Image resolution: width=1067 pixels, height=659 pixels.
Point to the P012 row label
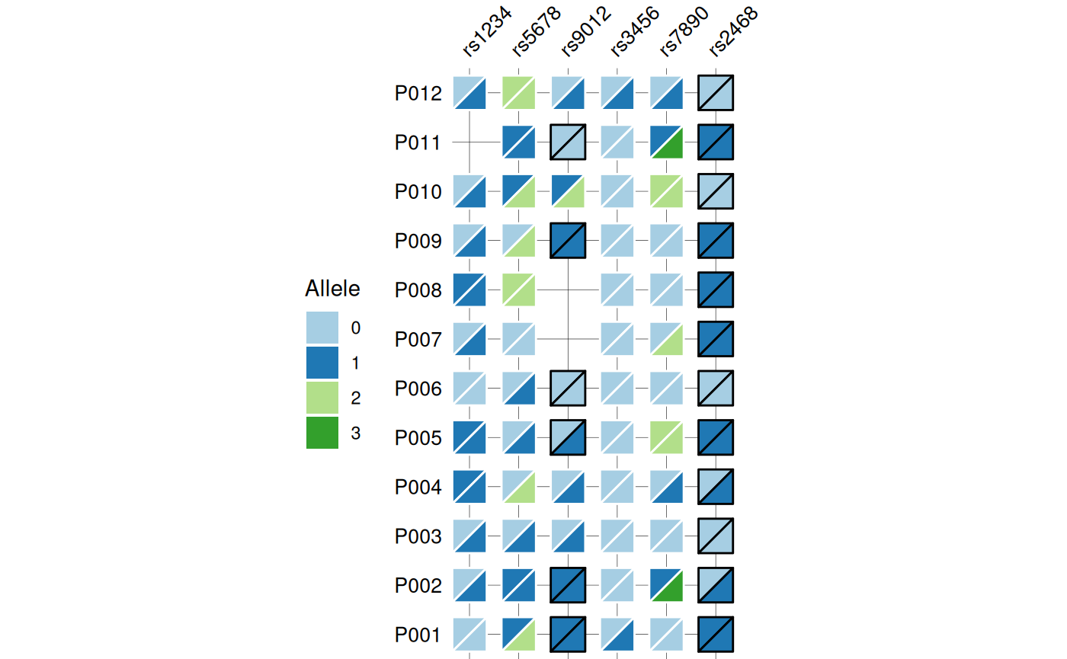418,94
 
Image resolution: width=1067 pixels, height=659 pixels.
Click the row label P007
418,340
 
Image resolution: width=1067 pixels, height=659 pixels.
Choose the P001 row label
418,635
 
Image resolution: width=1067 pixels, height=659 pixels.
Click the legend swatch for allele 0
322,328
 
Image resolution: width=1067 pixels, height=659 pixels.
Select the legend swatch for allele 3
322,433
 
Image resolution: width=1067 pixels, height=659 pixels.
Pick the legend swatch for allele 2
322,398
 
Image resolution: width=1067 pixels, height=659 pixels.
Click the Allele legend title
332,290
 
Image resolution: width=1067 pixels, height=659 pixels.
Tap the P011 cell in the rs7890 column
666,142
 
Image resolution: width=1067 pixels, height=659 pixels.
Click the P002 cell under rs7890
666,585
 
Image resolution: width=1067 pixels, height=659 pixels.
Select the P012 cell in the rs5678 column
518,93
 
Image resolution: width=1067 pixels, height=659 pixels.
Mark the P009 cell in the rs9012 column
568,241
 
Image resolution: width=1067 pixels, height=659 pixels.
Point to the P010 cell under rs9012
568,191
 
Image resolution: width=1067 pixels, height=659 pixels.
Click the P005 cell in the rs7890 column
666,437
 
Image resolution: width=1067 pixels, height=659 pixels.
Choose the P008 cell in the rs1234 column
469,290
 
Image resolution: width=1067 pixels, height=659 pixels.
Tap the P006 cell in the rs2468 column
716,389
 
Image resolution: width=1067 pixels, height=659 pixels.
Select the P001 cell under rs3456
617,635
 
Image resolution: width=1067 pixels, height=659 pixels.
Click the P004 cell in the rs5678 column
518,487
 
